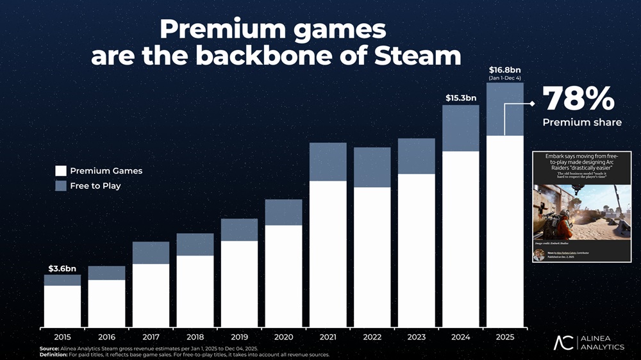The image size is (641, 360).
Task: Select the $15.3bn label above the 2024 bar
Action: [461, 98]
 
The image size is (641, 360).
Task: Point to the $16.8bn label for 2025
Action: [504, 69]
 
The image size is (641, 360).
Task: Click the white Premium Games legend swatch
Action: [61, 171]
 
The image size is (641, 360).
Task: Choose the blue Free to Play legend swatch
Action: [61, 186]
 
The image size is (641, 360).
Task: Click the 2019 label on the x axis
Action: [239, 336]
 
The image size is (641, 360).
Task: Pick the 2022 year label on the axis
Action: [372, 336]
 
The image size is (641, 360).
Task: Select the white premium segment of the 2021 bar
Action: [328, 253]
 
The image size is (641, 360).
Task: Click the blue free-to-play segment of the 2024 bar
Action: [461, 128]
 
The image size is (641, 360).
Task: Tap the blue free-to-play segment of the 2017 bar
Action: [151, 252]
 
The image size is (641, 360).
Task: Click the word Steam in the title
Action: [418, 56]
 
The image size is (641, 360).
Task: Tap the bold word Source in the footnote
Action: [49, 349]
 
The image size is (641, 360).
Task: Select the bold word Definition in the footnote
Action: [54, 355]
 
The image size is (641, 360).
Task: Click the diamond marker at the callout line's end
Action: [532, 102]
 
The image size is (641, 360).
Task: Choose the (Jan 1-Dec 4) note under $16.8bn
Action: [504, 78]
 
